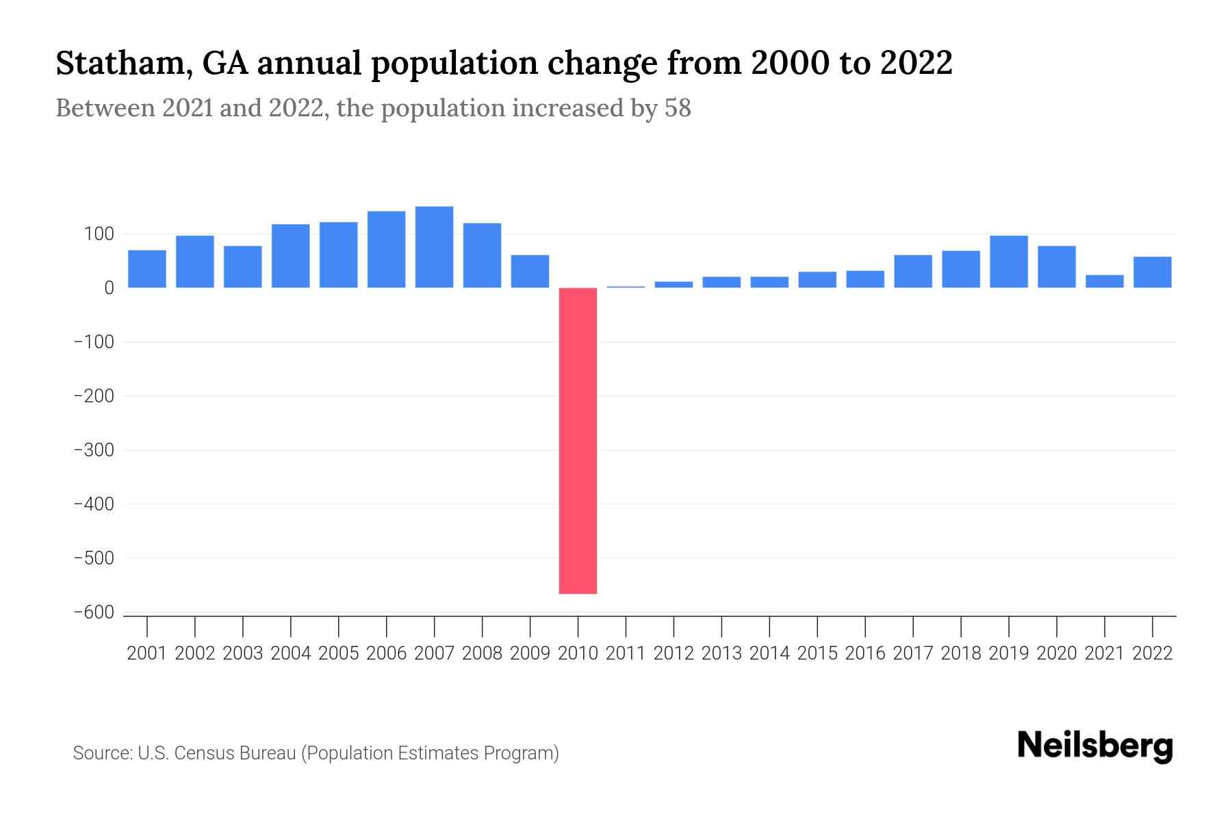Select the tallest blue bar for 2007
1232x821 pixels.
(x=434, y=247)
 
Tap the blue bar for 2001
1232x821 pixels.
(x=147, y=269)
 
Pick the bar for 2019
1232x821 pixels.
(x=1009, y=261)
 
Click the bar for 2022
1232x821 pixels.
(x=1153, y=272)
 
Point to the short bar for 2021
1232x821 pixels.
(x=1105, y=281)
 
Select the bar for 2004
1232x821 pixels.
(x=291, y=256)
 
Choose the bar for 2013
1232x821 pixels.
(x=721, y=282)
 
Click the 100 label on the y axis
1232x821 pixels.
(x=99, y=235)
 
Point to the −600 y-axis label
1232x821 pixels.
(x=94, y=613)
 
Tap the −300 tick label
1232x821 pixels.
(x=94, y=450)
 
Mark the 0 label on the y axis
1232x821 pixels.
(x=109, y=288)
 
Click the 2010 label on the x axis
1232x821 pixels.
(x=578, y=653)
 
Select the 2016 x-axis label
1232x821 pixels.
(x=865, y=653)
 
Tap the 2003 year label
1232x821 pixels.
(x=243, y=653)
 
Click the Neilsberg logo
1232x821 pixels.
(x=1095, y=746)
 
